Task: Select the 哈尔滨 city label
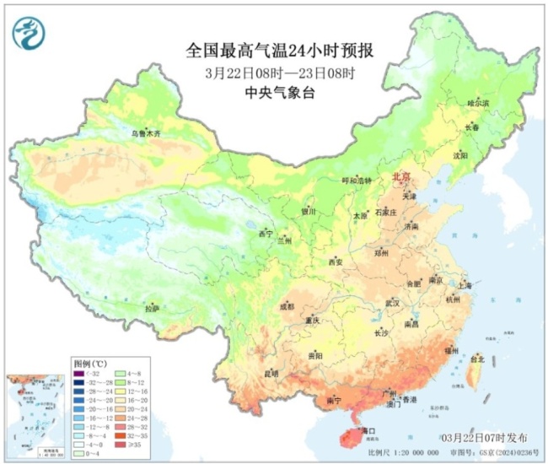tap(478, 102)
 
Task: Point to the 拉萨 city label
tap(152, 310)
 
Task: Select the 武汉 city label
tap(392, 302)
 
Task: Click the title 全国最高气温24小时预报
tap(280, 51)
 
